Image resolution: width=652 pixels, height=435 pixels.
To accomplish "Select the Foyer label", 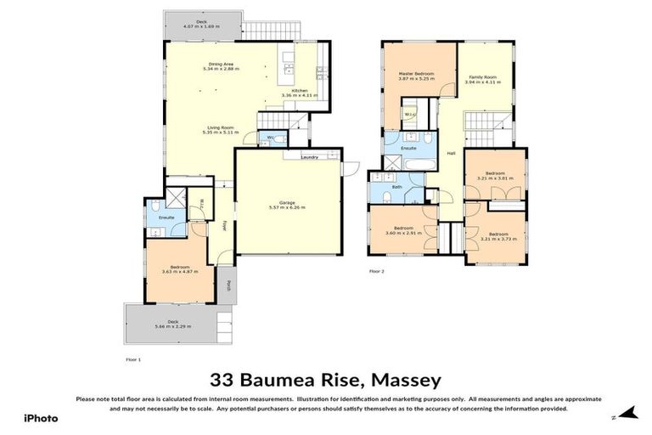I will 224,227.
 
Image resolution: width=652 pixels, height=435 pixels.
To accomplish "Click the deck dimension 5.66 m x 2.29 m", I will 173,325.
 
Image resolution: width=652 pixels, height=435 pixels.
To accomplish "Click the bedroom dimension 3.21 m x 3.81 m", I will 497,179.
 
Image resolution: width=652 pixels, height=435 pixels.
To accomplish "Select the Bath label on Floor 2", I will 396,186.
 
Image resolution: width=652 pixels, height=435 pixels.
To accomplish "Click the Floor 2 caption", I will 377,271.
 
